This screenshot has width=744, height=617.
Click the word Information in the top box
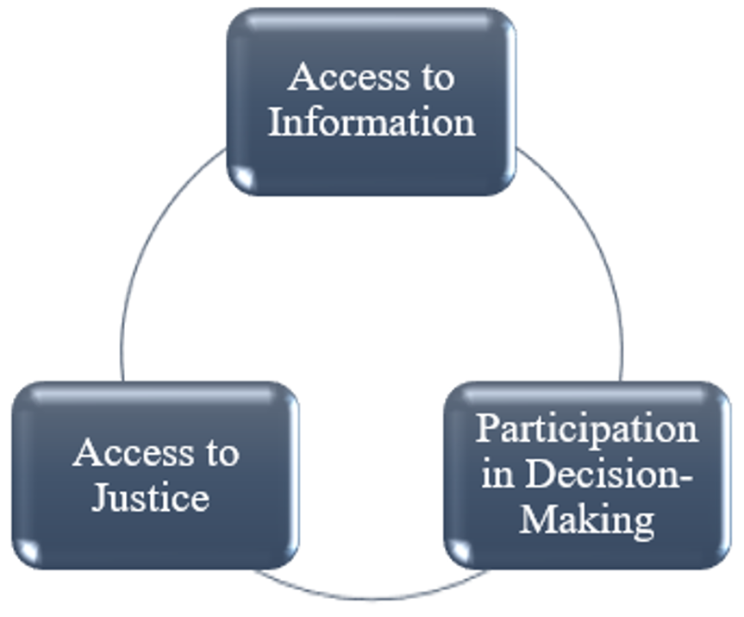pos(372,123)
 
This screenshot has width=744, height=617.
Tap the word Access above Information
pos(350,77)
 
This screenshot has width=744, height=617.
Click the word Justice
pos(150,498)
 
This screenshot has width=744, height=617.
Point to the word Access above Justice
pos(134,452)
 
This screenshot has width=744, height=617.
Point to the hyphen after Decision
pos(686,478)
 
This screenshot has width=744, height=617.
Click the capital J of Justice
pos(100,499)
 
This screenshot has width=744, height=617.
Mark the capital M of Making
pos(538,519)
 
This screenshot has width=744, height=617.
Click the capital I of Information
pos(276,123)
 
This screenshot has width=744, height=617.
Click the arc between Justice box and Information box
pos(148,238)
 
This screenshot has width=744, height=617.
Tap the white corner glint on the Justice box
pos(28,551)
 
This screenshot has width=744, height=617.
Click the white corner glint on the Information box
pos(244,177)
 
